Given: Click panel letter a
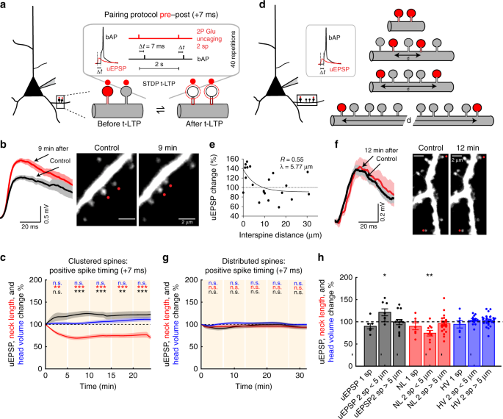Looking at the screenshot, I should click(5, 5).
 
